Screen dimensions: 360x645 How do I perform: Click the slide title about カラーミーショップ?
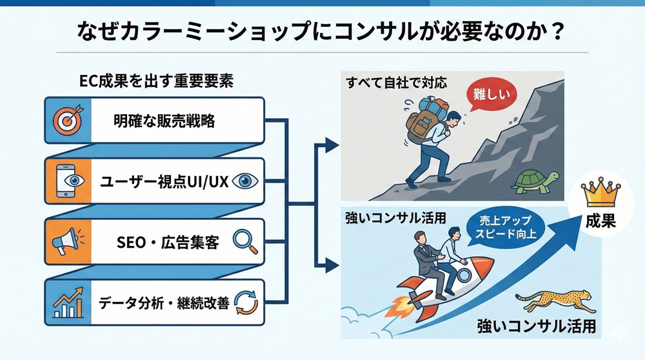(322, 30)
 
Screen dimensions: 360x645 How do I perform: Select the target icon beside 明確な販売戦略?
(67, 120)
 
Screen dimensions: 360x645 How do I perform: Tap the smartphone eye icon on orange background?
(67, 181)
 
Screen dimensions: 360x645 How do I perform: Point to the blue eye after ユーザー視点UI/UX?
(245, 182)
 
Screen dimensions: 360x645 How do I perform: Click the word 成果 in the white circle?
(600, 221)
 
